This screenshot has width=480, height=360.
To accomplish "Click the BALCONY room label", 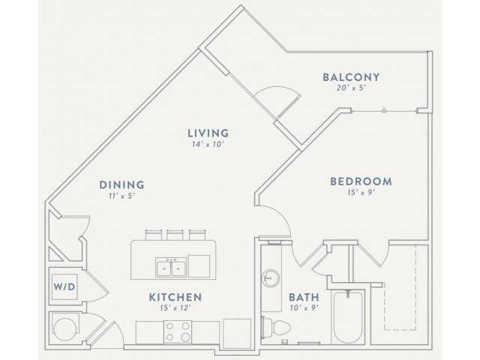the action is [351, 77].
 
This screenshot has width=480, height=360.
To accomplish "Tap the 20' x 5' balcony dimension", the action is [352, 88].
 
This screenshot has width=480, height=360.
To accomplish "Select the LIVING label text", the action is [208, 133].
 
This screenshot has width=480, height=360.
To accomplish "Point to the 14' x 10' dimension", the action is [208, 144].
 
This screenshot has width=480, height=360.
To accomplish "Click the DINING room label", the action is [121, 185].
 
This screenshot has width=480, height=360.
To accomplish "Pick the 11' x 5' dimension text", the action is [121, 196].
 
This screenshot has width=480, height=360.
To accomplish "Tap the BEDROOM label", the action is [361, 181].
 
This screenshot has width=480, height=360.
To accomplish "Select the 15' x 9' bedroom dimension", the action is [361, 193].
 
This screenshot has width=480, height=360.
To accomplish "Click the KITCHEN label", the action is [175, 297].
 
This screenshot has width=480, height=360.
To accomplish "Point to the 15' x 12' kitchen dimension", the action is [175, 308].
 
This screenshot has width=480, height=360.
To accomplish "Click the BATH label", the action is [304, 297].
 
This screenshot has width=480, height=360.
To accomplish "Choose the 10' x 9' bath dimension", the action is [304, 308].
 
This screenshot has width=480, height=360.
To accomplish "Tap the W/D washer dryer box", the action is [64, 287].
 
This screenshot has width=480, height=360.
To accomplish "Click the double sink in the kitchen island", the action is [171, 267].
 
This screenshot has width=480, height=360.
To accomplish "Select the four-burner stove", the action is [178, 332].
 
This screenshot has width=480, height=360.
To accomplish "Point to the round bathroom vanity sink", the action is [271, 278].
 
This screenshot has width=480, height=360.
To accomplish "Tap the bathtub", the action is [348, 317].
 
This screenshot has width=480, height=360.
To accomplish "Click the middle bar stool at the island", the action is [175, 235].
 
